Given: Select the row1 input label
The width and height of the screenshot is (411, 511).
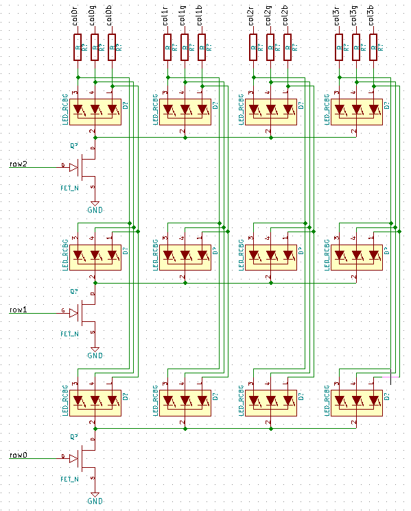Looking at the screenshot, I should pyautogui.click(x=19, y=310).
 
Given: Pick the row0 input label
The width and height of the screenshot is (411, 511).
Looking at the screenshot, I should pyautogui.click(x=19, y=455).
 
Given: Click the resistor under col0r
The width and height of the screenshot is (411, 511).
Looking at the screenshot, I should pyautogui.click(x=78, y=47).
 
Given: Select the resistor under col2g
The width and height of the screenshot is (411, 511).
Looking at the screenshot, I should pyautogui.click(x=270, y=47).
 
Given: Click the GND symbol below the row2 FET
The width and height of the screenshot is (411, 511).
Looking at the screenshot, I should pyautogui.click(x=95, y=206).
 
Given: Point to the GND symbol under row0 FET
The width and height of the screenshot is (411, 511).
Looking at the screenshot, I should pyautogui.click(x=95, y=499).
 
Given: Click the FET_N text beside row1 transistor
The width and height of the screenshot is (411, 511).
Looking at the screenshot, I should pyautogui.click(x=70, y=334).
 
